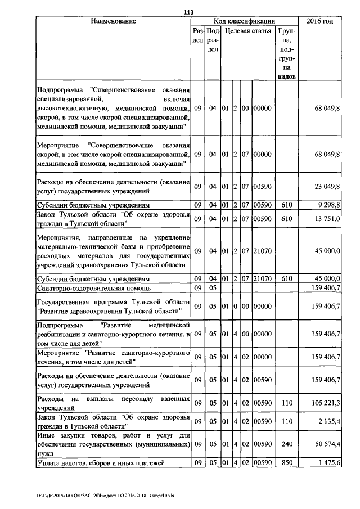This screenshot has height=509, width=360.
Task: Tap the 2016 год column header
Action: click(x=319, y=21)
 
